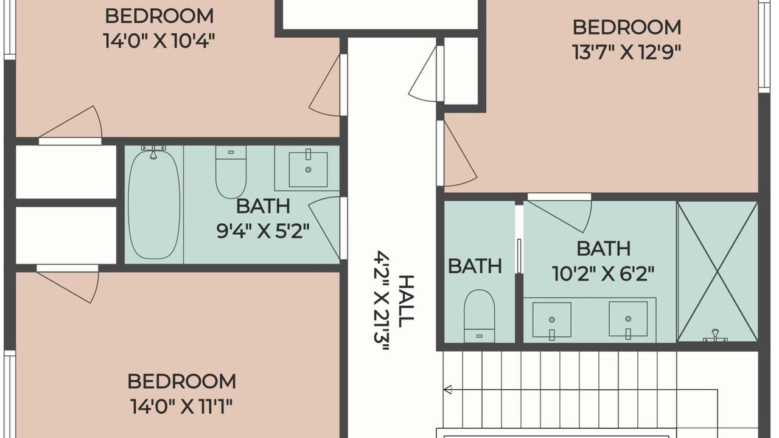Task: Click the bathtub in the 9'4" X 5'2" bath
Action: (154, 204)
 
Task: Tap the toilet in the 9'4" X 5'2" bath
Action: (231, 172)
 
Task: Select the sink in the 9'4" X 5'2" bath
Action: (308, 169)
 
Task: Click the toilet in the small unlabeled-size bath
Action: (479, 316)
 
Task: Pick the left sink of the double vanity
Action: (552, 320)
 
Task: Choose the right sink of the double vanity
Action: (628, 319)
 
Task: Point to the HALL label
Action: (406, 301)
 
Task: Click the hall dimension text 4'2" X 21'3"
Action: (381, 301)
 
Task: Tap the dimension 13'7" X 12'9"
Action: (626, 52)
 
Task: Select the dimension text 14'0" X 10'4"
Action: (159, 41)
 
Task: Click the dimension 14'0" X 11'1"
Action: (181, 406)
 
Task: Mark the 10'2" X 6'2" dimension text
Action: (603, 274)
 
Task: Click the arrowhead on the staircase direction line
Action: (447, 390)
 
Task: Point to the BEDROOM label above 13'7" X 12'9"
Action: (627, 27)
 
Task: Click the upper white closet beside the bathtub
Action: (66, 172)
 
